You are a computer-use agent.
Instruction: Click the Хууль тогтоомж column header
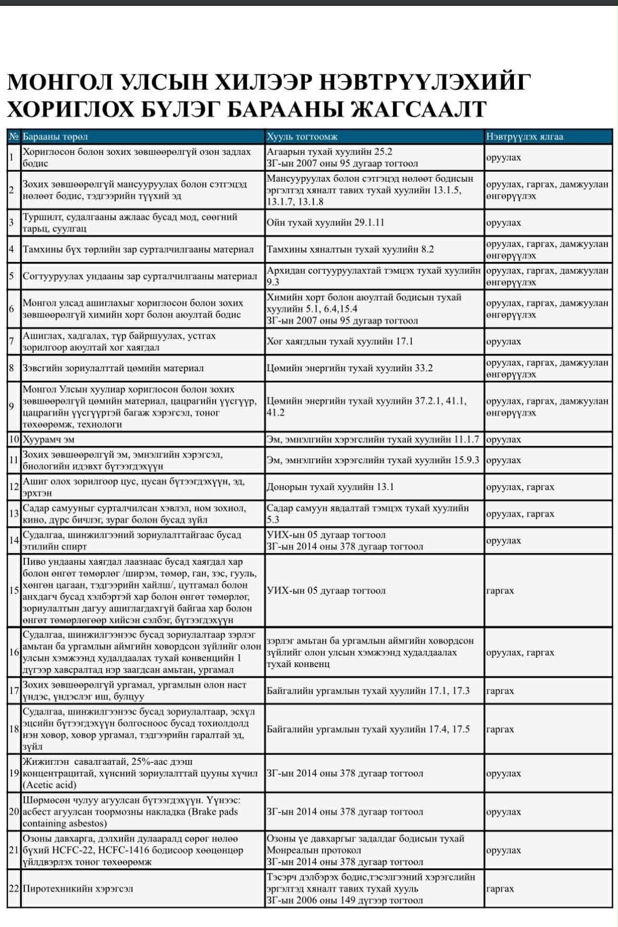pyautogui.click(x=302, y=137)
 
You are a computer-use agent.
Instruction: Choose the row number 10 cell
pyautogui.click(x=14, y=439)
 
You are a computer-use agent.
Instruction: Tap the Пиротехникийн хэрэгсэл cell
pyautogui.click(x=78, y=888)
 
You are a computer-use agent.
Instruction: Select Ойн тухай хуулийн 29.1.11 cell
pyautogui.click(x=325, y=222)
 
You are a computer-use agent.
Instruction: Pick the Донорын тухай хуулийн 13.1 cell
pyautogui.click(x=330, y=487)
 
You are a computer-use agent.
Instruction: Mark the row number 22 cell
pyautogui.click(x=14, y=888)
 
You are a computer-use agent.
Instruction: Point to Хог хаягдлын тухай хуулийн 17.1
pyautogui.click(x=340, y=341)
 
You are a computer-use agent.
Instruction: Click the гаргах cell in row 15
pyautogui.click(x=500, y=591)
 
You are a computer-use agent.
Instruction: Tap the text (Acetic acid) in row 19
pyautogui.click(x=49, y=785)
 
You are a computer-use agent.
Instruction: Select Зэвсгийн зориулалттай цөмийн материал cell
pyautogui.click(x=113, y=368)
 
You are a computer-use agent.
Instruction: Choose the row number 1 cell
pyautogui.click(x=12, y=157)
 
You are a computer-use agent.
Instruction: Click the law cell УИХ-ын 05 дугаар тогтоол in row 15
pyautogui.click(x=326, y=591)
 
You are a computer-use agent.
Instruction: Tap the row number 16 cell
pyautogui.click(x=14, y=652)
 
